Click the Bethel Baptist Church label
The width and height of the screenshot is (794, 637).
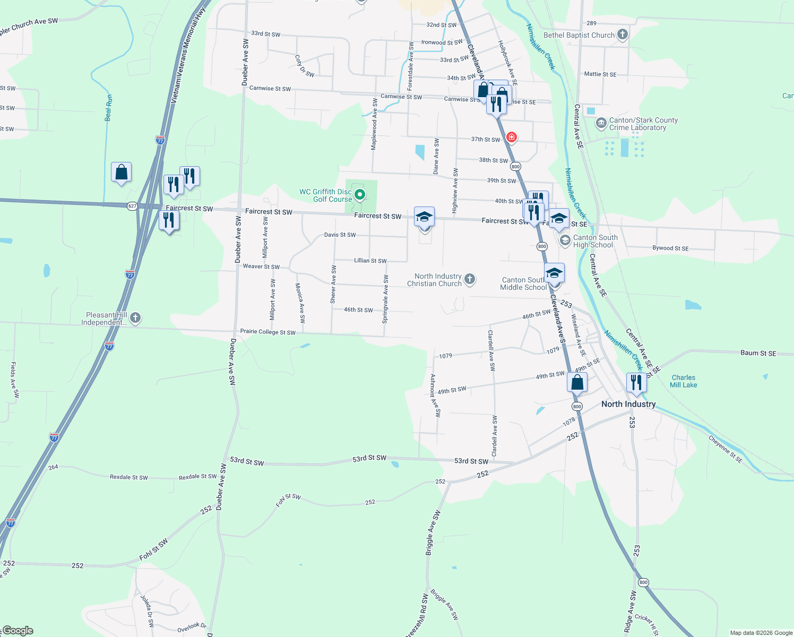point(579,35)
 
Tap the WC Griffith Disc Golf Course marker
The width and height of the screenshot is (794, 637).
point(360,195)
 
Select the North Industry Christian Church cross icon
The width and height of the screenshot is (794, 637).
point(470,279)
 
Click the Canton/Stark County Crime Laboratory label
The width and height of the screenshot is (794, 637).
point(643,124)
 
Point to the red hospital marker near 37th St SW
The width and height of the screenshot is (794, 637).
point(511,137)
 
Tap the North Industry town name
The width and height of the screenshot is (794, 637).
point(628,404)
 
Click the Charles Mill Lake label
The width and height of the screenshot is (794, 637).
point(683,381)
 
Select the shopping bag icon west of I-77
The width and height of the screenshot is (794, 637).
point(121,172)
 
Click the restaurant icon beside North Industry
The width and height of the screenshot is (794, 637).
point(636,382)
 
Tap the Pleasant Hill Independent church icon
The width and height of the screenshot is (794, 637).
point(135,318)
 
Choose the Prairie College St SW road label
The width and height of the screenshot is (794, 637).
point(267,332)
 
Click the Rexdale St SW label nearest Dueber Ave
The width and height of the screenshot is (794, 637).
point(197,477)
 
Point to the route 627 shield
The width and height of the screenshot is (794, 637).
point(133,206)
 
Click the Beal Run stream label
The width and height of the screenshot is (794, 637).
point(109,108)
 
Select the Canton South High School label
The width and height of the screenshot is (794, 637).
point(595,241)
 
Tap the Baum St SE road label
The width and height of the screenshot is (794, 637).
point(758,353)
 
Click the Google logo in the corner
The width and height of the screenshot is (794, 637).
point(18,630)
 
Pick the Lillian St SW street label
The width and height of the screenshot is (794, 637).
point(370,261)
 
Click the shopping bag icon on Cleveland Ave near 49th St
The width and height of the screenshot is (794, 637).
point(577,382)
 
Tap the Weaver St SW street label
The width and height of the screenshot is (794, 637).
point(261,266)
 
